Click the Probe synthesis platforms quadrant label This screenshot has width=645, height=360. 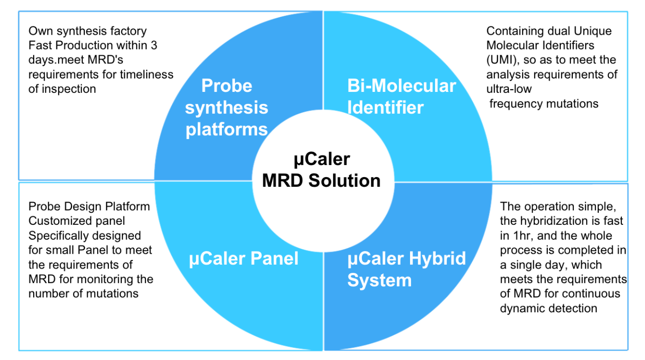pyautogui.click(x=227, y=107)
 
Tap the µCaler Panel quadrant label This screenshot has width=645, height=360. pyautogui.click(x=244, y=258)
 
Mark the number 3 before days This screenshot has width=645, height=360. pyautogui.click(x=154, y=46)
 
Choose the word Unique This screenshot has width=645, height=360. pyautogui.click(x=592, y=31)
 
